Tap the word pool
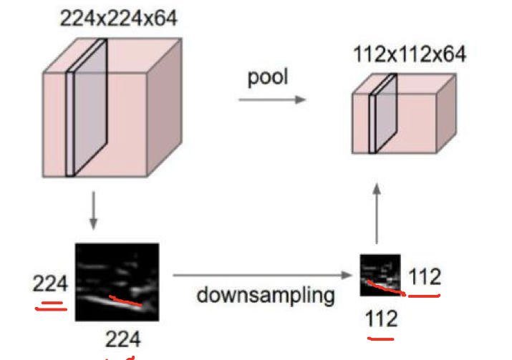pos(268,77)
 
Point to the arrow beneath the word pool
pos(271,99)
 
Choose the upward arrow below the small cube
pos(376,211)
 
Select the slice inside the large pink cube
pos(86,107)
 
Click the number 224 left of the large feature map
pos(49,283)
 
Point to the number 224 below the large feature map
pos(124,338)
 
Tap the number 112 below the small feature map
pos(381,317)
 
